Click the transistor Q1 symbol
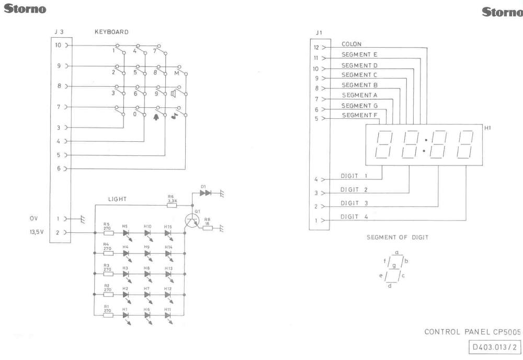coord(192,221)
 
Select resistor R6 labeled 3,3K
coord(172,206)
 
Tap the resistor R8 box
coord(207,228)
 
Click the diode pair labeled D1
coord(206,193)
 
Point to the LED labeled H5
coord(126,233)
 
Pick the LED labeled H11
coord(168,315)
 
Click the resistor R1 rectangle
coord(108,315)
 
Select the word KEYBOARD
coord(111,32)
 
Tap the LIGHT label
coord(117,199)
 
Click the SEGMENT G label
coord(359,106)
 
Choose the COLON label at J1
coord(351,44)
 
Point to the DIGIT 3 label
coord(354,203)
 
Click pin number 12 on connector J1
coord(316,48)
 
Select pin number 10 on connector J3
coord(59,45)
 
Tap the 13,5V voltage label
coord(37,232)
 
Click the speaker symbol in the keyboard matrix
coord(174,94)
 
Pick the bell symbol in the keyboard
coord(156,117)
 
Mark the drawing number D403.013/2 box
coord(495,346)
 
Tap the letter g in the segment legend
coord(394,266)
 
